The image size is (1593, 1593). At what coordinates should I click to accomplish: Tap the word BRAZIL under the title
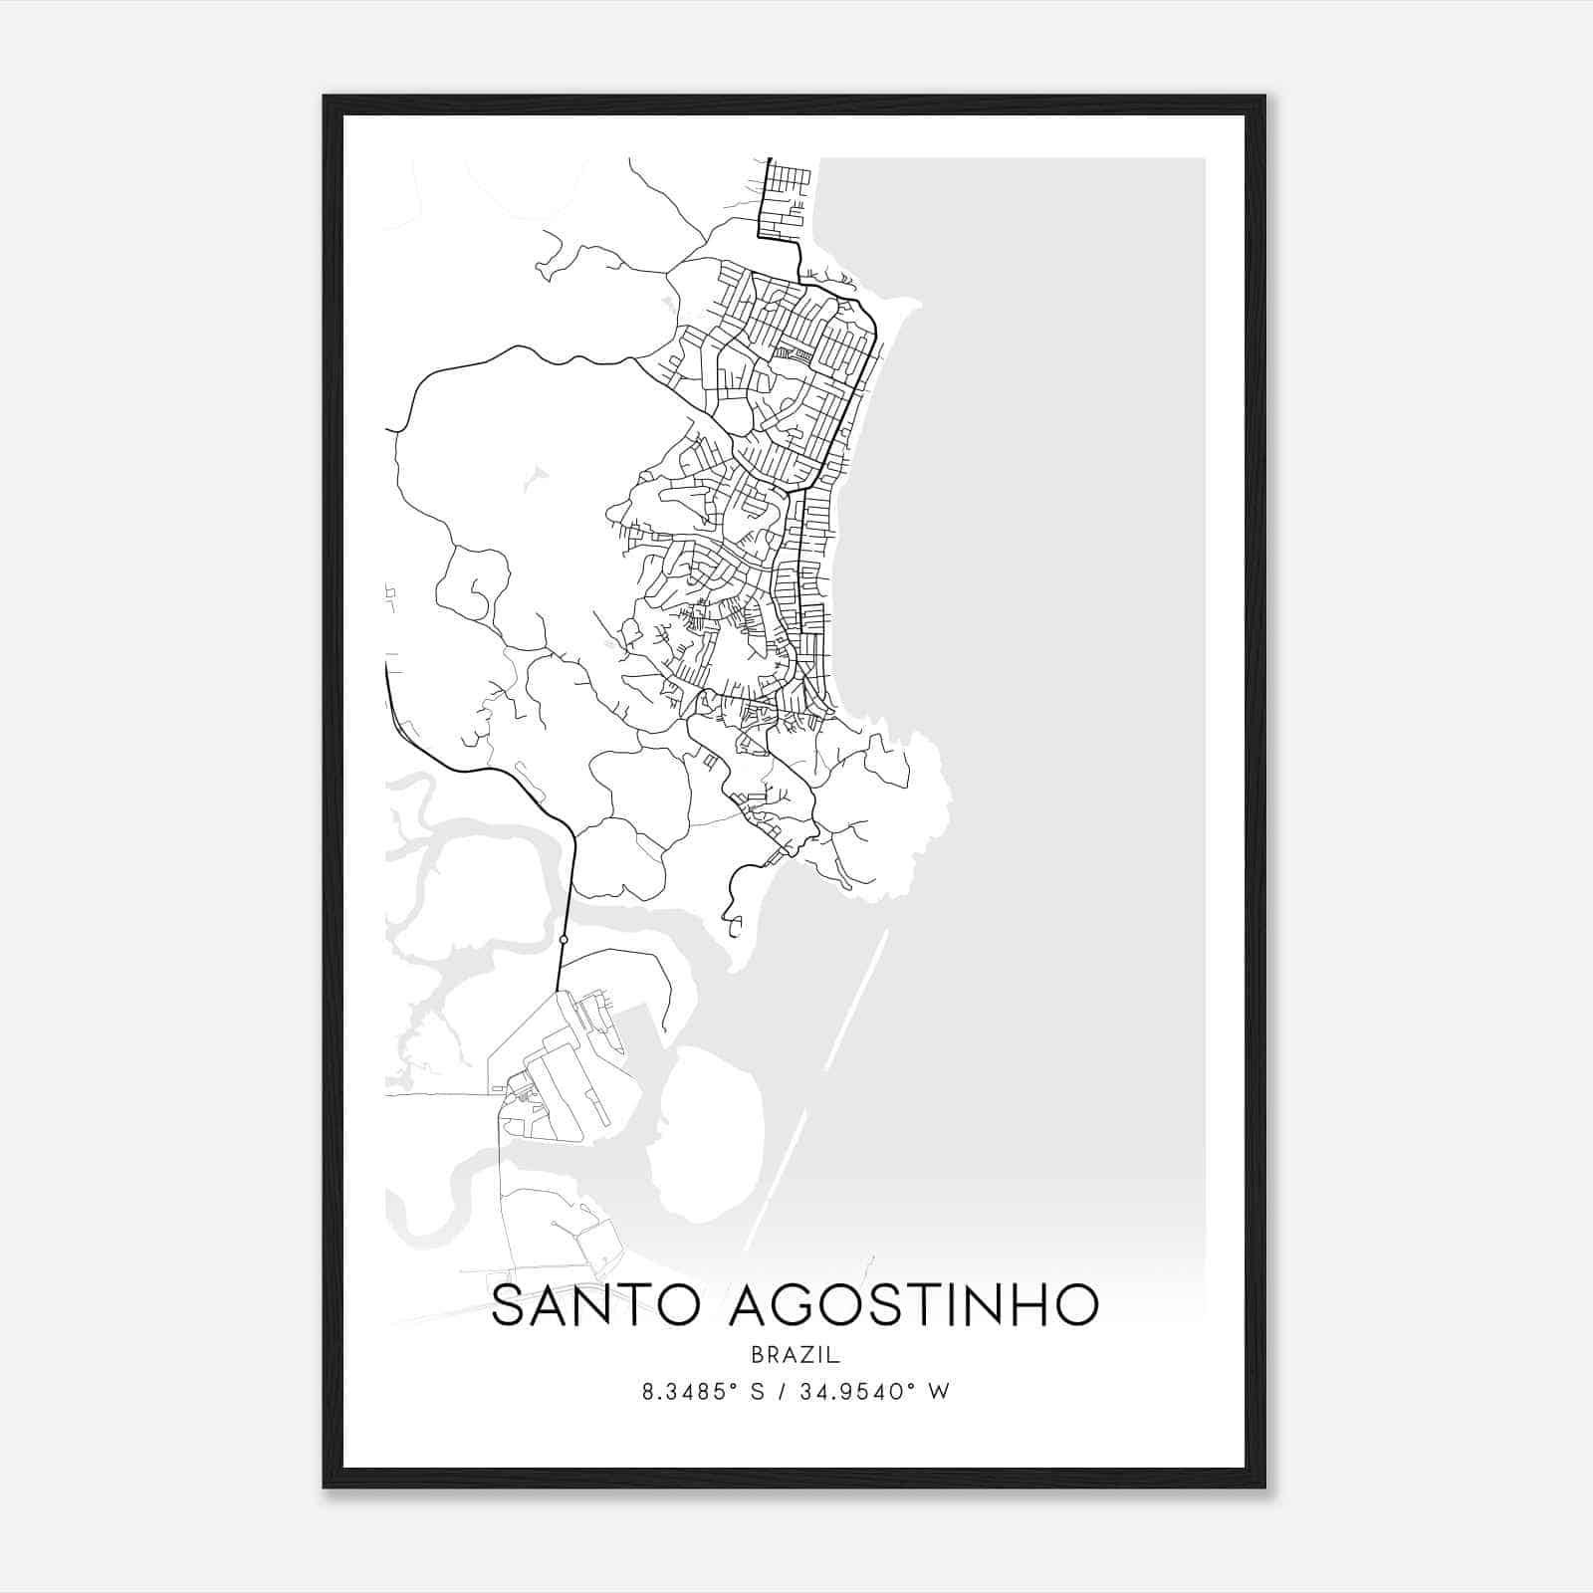pyautogui.click(x=796, y=1355)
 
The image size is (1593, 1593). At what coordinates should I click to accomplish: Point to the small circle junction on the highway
pyautogui.click(x=564, y=939)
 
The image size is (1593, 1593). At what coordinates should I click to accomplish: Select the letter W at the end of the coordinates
pyautogui.click(x=940, y=1391)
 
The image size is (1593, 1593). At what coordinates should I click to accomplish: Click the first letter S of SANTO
pyautogui.click(x=509, y=1305)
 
